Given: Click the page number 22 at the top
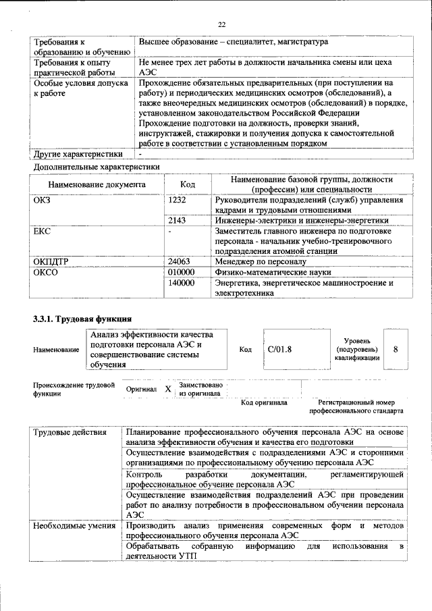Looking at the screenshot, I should tap(221, 25).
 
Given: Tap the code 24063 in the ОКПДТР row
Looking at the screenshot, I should tap(179, 260).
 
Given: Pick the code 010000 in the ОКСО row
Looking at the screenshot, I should tap(181, 271).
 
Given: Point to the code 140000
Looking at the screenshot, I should tap(181, 283).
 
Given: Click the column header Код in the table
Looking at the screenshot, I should tap(188, 184).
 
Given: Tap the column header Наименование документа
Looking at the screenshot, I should tap(97, 184).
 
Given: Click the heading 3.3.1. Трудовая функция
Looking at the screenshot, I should tap(82, 318).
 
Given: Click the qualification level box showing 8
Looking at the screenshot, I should tap(396, 349).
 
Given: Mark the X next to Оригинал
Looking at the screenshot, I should tap(168, 390).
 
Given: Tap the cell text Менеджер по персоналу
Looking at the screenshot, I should tap(261, 260).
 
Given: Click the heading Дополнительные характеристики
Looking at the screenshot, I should tap(95, 165).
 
